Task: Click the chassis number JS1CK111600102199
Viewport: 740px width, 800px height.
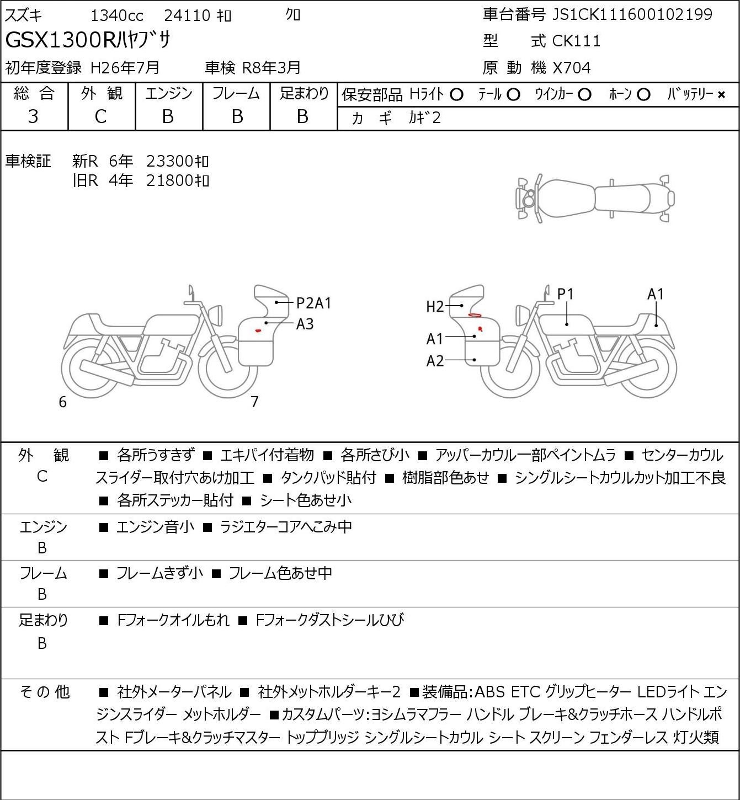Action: coord(632,14)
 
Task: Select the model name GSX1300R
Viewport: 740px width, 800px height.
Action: coord(61,40)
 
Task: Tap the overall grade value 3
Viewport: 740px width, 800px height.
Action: coord(33,116)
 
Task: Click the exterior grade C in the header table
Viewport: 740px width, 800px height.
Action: coord(100,116)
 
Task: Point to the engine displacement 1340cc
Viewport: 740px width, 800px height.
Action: coord(116,15)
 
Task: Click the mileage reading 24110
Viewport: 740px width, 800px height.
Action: coord(187,15)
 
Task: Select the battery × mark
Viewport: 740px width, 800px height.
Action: coord(721,95)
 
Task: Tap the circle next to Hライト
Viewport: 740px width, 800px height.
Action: coord(456,95)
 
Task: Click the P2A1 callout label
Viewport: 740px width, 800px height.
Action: coord(313,303)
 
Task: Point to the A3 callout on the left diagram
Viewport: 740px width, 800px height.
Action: coord(305,324)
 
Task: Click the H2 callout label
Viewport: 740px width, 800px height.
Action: coord(435,306)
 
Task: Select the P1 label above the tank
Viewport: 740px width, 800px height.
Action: coord(566,294)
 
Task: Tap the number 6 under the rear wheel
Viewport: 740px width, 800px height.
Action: coord(62,402)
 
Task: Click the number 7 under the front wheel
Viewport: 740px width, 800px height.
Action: coord(254,402)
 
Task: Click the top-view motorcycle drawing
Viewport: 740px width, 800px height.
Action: coord(595,199)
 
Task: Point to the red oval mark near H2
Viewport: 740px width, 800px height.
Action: coord(474,315)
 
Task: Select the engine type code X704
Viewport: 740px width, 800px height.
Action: coord(572,68)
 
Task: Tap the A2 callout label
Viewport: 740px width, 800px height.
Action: coord(435,361)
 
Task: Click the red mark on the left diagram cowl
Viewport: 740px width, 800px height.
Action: coord(258,330)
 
